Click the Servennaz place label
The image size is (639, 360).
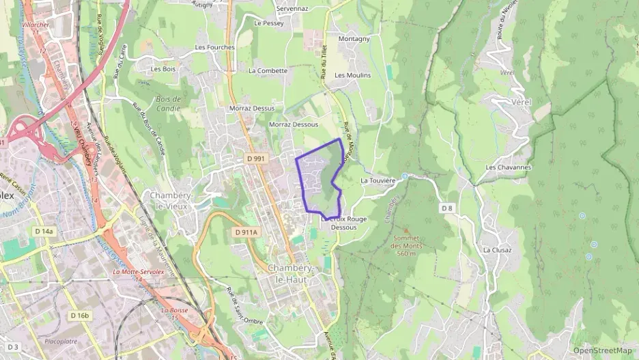click(x=292, y=8)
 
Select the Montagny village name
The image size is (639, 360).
click(x=354, y=39)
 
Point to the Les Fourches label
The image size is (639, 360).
click(x=214, y=47)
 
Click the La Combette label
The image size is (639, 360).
click(x=268, y=70)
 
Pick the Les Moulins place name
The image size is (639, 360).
click(x=353, y=75)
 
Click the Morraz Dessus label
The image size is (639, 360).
click(x=252, y=108)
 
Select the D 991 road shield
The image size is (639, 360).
click(x=256, y=158)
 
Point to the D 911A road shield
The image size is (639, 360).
click(x=246, y=232)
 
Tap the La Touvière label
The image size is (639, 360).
click(x=378, y=180)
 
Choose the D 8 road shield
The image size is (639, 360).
click(x=447, y=208)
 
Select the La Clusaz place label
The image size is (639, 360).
click(x=497, y=250)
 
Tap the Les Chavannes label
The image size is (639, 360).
click(x=508, y=167)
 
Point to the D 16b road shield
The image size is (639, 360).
click(x=80, y=315)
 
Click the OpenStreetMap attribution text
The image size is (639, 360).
click(x=602, y=350)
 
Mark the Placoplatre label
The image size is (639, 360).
click(x=61, y=341)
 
